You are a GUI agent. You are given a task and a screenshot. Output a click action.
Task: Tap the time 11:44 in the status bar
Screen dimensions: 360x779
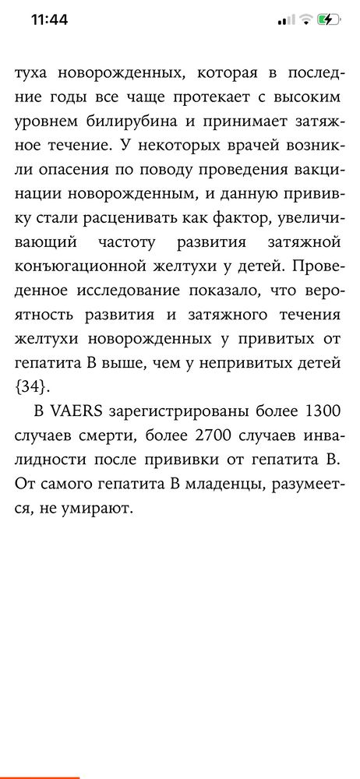point(50,19)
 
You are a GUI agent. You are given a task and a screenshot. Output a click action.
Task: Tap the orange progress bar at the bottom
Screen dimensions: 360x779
point(39,777)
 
